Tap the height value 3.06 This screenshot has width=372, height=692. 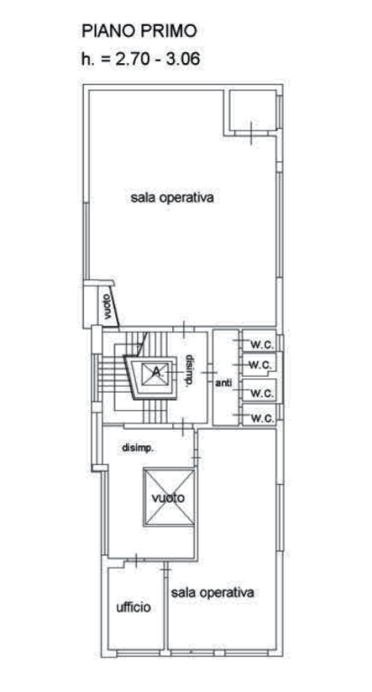coord(182,59)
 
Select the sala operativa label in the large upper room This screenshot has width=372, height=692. coord(173,197)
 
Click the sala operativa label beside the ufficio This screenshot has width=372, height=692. coord(213,592)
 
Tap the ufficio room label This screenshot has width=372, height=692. coord(133,607)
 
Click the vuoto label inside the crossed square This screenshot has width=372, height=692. coord(168,498)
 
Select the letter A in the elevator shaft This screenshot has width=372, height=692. coord(156,371)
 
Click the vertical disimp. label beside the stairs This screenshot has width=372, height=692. coord(189,370)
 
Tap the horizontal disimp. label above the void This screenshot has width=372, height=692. coord(138,449)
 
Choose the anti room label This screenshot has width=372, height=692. coord(223,383)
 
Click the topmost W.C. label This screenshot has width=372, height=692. coord(263,345)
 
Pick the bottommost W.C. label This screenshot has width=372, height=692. coord(263,418)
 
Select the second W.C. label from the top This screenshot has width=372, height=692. coord(260,366)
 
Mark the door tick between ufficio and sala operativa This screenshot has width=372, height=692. coord(166,571)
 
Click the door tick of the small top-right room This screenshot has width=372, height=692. coord(251,132)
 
